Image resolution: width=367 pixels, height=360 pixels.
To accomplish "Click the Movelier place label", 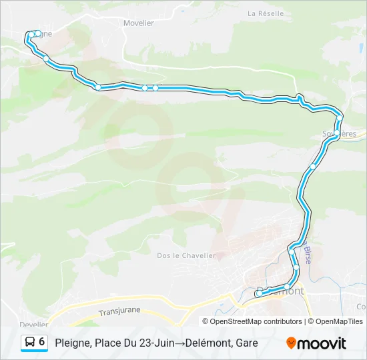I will point(139,23).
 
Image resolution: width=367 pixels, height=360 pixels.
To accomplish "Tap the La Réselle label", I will point(266,13).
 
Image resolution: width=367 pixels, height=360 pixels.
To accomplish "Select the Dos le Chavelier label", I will point(186,255).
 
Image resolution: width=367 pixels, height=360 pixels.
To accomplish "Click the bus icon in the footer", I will point(30,343).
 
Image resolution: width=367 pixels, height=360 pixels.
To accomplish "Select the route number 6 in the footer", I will point(42,342).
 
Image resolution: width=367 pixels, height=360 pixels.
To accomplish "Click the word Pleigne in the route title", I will point(73,343).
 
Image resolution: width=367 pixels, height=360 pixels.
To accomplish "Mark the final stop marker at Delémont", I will point(259,293).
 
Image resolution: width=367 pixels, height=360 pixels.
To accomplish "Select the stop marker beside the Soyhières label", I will point(340,118).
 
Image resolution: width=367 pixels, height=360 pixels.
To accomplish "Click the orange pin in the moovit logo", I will point(291,343).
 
